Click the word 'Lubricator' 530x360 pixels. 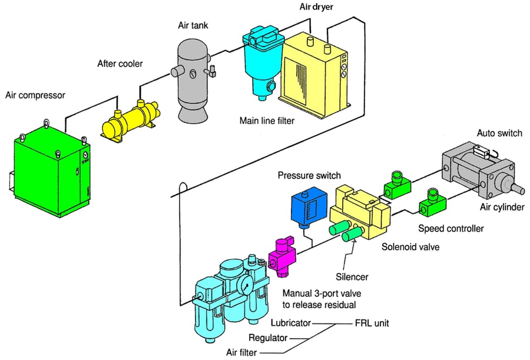290,323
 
